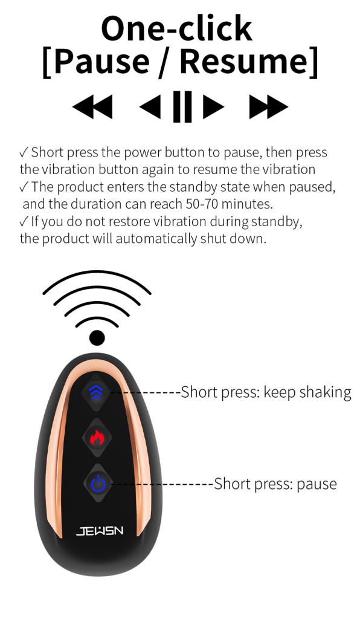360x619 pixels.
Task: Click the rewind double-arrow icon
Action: tap(92, 106)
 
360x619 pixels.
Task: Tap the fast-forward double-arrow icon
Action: tap(269, 106)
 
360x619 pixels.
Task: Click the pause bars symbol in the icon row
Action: tap(182, 106)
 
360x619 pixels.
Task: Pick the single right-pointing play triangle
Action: tap(214, 106)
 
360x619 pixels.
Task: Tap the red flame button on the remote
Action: tap(97, 437)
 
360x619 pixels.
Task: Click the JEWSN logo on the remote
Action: tap(100, 531)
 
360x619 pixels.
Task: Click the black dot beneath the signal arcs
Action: tap(97, 338)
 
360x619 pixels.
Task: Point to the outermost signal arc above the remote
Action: tap(97, 276)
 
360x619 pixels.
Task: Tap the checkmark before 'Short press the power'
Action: tap(24, 152)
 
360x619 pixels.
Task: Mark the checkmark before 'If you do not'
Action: tap(24, 221)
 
